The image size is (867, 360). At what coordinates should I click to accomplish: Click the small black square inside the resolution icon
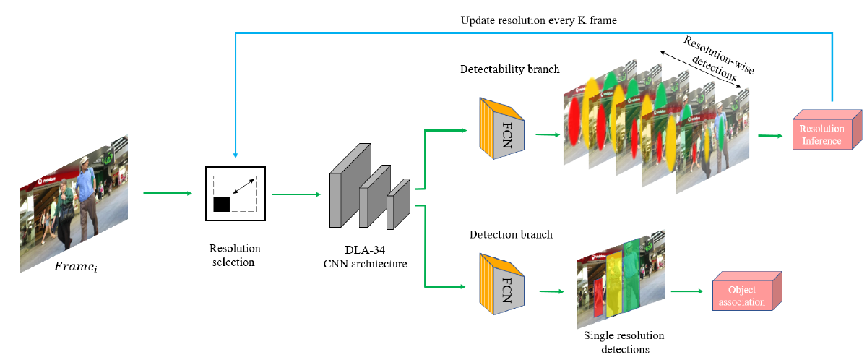(x=221, y=204)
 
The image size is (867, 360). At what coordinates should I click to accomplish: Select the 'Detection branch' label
(x=511, y=234)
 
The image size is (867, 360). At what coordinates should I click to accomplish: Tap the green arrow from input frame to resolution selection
(x=168, y=193)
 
